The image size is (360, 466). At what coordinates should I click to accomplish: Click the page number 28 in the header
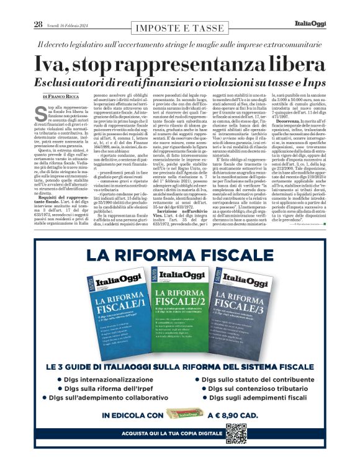pos(38,24)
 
